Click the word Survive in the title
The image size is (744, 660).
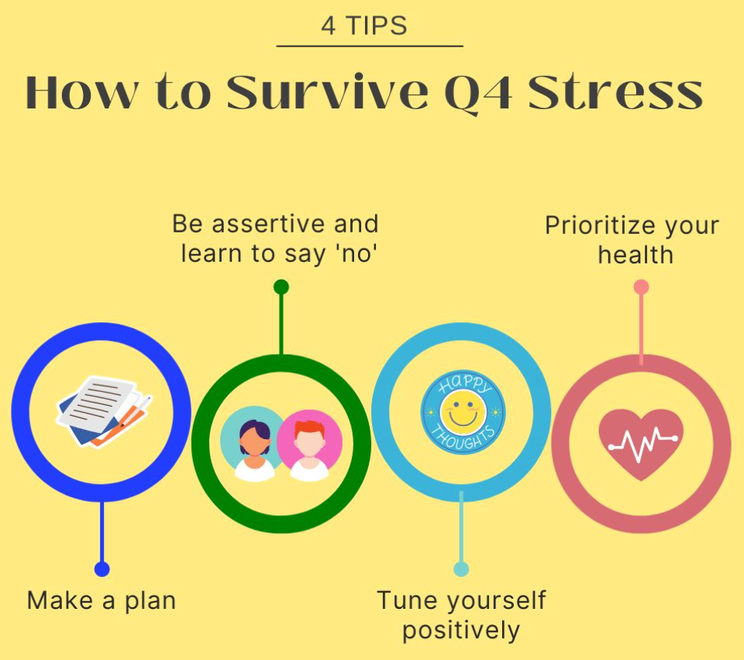[x=327, y=91]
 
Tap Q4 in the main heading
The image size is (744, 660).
[x=479, y=94]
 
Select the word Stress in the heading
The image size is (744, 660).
[x=615, y=91]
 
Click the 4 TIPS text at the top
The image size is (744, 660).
[x=364, y=26]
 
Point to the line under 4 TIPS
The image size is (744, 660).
[x=370, y=46]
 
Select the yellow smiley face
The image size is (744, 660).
[x=463, y=411]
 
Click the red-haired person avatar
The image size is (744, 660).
[x=309, y=445]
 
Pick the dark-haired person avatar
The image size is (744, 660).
[x=254, y=445]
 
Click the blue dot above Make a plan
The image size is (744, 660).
[x=102, y=569]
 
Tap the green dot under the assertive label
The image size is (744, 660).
[x=281, y=287]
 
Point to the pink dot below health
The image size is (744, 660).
[x=642, y=287]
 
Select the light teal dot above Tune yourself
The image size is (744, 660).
[x=461, y=569]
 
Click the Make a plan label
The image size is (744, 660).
[x=102, y=600]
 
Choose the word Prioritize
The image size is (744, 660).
[x=601, y=225]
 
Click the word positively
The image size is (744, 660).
[x=461, y=631]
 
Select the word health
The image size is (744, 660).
[x=635, y=255]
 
